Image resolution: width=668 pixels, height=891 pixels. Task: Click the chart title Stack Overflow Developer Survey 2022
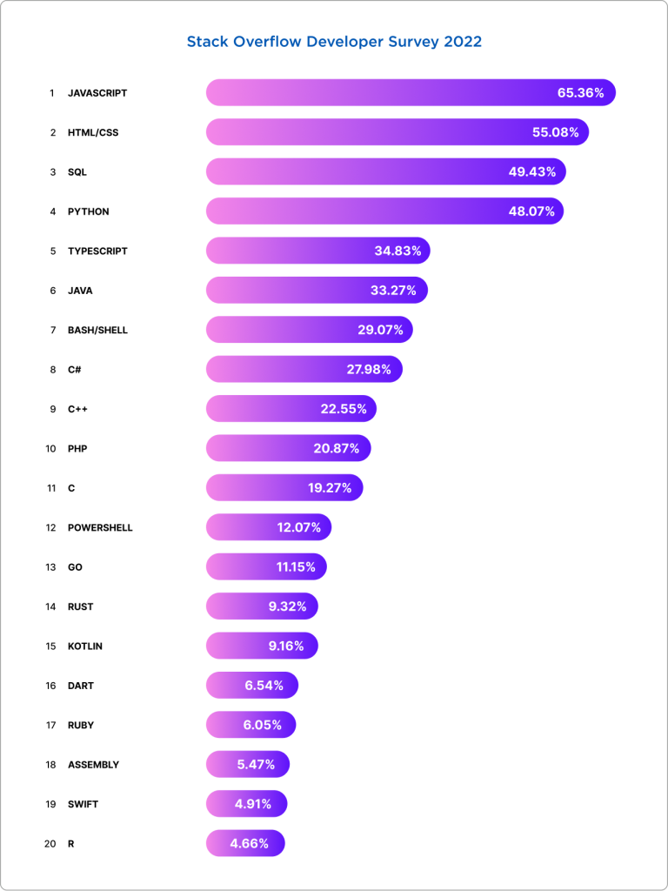pos(334,42)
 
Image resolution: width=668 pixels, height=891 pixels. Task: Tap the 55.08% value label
pos(556,132)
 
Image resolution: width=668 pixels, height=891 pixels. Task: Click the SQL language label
pos(77,172)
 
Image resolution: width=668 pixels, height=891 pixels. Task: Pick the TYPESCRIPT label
pos(97,251)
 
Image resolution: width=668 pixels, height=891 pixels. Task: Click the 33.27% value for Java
pos(393,291)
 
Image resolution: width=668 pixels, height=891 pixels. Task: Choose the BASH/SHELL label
pos(97,331)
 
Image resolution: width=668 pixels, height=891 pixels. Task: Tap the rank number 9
pos(52,409)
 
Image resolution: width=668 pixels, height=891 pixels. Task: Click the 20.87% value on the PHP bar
pos(337,449)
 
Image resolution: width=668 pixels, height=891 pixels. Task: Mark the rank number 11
pos(51,488)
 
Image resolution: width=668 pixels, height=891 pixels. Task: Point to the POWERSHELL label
pos(100,528)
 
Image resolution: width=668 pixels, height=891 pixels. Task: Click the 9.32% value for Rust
pos(287,606)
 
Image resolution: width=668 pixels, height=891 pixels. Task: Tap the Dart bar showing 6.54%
pos(251,686)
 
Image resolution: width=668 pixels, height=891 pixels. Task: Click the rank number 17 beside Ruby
pos(51,725)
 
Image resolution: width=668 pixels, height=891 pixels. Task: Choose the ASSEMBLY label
pos(93,765)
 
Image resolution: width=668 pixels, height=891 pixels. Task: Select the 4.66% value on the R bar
pos(250,843)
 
